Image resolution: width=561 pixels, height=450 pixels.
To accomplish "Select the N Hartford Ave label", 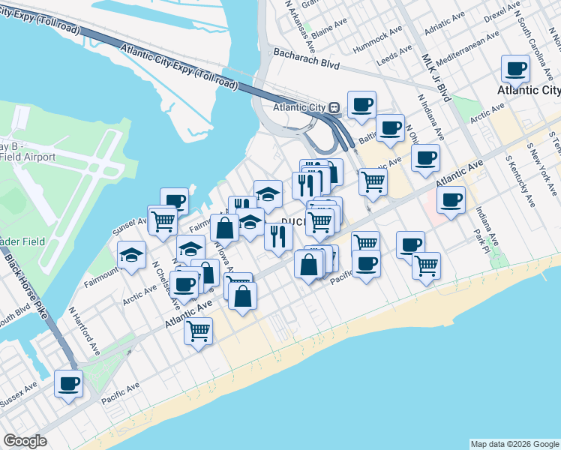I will (x=84, y=330).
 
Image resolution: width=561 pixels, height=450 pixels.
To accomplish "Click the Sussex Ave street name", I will (x=19, y=396).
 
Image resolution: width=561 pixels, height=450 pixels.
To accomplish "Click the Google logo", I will (x=25, y=441).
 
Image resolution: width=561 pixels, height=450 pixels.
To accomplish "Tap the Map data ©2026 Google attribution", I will (x=514, y=444).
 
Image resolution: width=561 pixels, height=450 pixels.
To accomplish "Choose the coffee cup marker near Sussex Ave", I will (x=69, y=384).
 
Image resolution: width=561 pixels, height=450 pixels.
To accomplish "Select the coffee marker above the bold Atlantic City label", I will (x=516, y=70).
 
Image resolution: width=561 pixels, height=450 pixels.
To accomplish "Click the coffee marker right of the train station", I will (x=361, y=105).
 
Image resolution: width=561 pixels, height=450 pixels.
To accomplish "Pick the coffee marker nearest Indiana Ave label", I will (x=451, y=200).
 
